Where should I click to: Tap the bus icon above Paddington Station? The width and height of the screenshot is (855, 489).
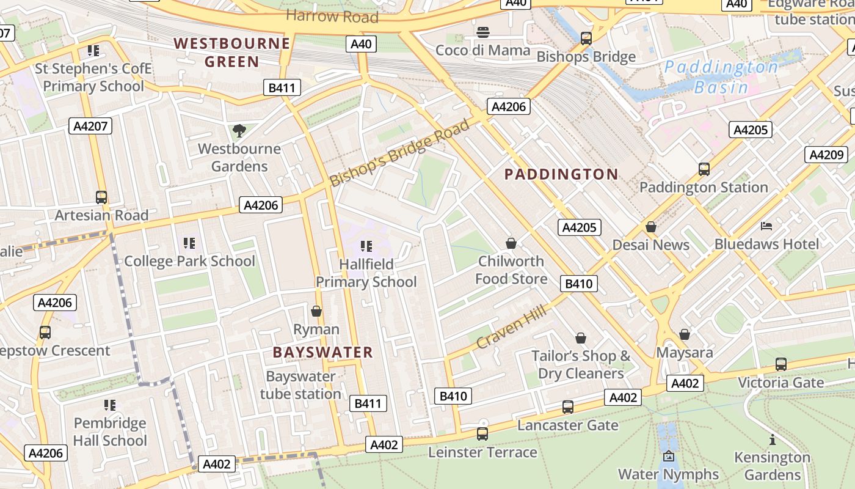[704, 169]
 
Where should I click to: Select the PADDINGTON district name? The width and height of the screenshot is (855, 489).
[561, 174]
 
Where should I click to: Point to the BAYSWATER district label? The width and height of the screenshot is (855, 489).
[322, 352]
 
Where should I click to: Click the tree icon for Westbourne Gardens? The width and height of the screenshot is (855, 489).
[239, 130]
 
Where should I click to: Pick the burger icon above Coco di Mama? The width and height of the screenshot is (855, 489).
[483, 32]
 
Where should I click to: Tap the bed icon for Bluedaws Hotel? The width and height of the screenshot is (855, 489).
[766, 226]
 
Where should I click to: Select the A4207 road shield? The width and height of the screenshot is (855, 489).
[90, 127]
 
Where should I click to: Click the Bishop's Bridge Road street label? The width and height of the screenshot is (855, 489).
[400, 153]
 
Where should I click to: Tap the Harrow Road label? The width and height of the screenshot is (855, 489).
[332, 16]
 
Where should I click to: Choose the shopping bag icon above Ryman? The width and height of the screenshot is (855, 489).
[316, 311]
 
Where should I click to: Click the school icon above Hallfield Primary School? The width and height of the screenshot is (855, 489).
[366, 246]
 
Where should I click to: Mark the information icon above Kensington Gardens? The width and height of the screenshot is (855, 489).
[772, 439]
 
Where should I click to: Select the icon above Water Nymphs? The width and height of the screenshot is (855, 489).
[669, 456]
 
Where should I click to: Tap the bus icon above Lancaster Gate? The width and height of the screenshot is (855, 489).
[568, 406]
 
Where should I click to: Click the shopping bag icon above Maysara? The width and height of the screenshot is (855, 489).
[685, 334]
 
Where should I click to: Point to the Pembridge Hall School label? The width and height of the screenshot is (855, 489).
[110, 432]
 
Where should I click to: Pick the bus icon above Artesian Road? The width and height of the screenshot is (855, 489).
[101, 197]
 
